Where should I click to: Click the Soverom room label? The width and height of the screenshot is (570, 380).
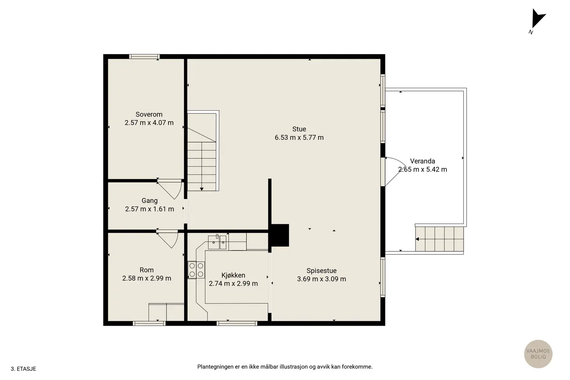149,115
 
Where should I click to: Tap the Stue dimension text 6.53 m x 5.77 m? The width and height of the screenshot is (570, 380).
299,138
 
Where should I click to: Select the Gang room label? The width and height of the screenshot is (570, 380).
149,201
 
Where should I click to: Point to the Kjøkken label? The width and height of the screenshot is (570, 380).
233,275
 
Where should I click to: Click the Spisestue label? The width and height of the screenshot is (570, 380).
321,271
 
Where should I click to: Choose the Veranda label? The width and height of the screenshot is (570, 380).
422,161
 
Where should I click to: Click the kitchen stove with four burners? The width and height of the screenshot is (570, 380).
196,270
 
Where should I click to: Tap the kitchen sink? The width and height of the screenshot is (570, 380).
217,242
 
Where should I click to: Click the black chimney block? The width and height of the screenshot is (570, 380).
279,235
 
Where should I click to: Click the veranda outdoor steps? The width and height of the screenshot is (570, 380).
439,239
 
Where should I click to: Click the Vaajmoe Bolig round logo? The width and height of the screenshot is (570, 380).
538,354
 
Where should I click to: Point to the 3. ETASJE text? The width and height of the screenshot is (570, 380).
23,369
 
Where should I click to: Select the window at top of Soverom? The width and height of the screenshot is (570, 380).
144,56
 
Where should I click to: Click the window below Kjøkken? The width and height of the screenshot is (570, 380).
237,323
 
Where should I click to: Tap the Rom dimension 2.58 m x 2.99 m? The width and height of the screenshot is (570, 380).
146,278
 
